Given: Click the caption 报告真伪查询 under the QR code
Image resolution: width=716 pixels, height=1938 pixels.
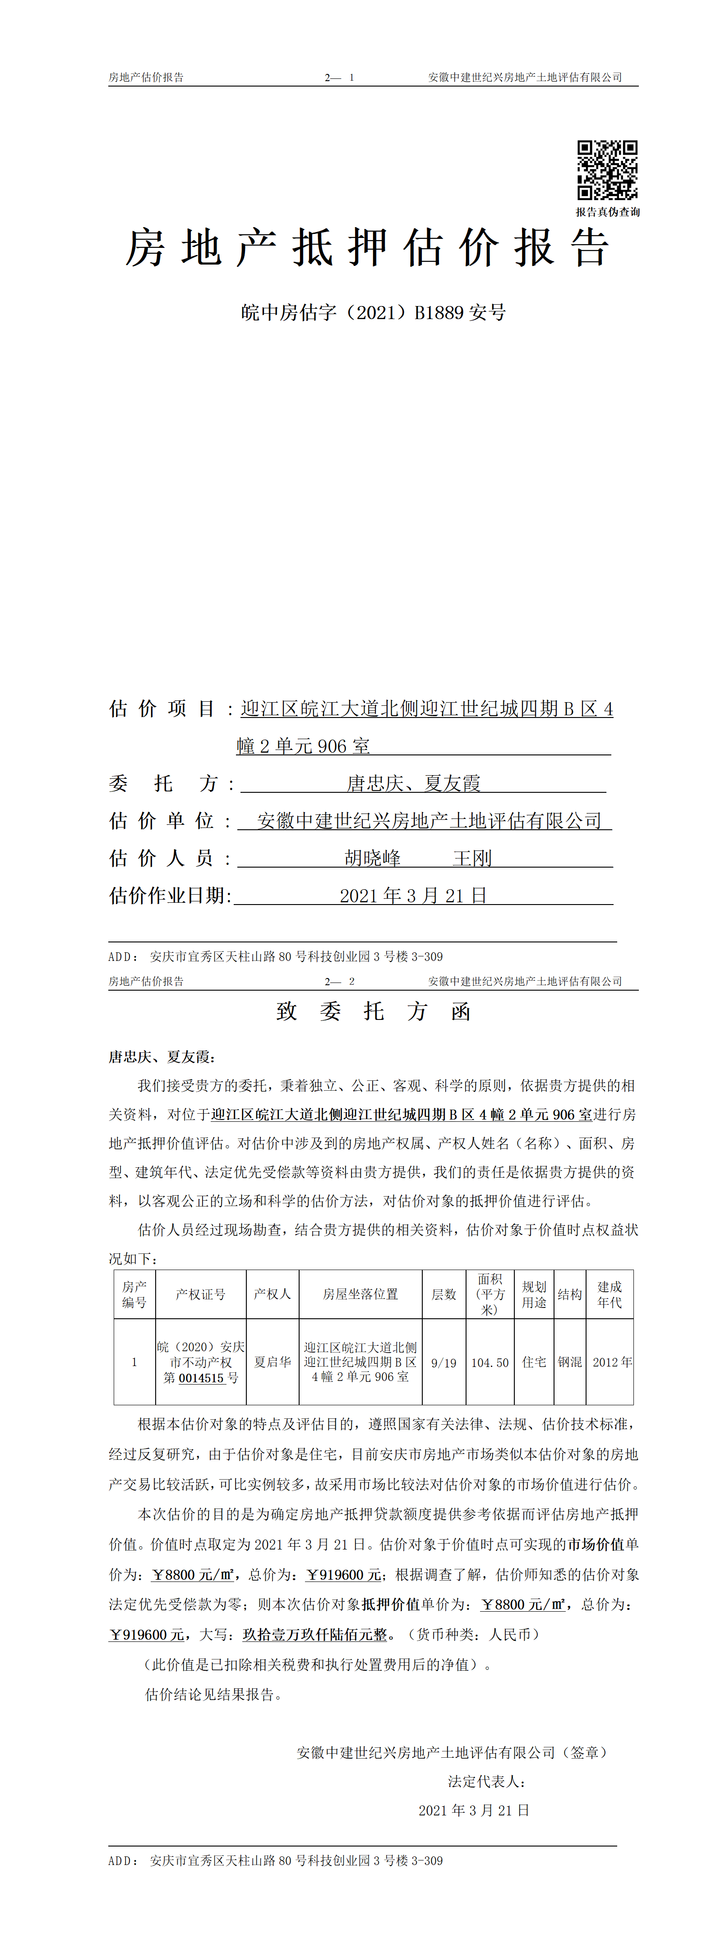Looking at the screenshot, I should click(x=608, y=212).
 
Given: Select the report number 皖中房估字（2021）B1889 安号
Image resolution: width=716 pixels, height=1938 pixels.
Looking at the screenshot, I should click(x=374, y=312).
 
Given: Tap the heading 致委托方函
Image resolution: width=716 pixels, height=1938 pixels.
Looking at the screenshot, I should click(x=374, y=1011).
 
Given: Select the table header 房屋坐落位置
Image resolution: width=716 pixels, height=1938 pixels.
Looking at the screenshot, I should click(x=360, y=1294).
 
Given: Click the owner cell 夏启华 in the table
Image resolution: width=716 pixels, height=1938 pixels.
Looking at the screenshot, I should click(x=272, y=1362).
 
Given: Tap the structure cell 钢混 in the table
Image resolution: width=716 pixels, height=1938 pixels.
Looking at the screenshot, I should click(x=569, y=1362).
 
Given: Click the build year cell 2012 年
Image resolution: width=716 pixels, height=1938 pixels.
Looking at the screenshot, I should click(x=611, y=1362).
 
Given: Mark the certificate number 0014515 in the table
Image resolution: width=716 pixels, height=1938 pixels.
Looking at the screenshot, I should click(x=201, y=1378).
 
